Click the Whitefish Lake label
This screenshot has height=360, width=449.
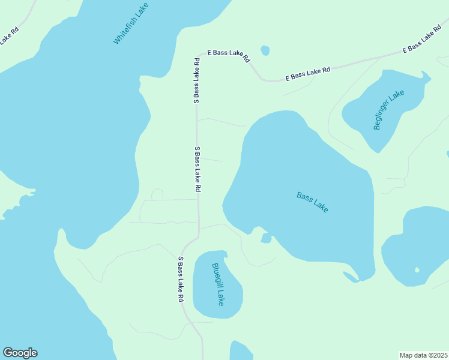point(131,23)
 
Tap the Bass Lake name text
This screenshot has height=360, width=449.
point(312,202)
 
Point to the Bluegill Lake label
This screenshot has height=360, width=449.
point(217,284)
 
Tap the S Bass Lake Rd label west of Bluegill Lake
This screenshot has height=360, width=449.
point(180,279)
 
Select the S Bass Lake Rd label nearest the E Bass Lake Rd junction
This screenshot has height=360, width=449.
point(196,80)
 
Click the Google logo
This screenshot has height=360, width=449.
point(20,353)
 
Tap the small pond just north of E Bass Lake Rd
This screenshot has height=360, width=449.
point(265,50)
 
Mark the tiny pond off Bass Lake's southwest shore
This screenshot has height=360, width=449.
point(266,239)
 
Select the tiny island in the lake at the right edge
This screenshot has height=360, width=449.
point(417,270)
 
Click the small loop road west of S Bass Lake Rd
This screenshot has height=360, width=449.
point(157,194)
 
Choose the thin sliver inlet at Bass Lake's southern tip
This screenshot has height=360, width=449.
point(351,277)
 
